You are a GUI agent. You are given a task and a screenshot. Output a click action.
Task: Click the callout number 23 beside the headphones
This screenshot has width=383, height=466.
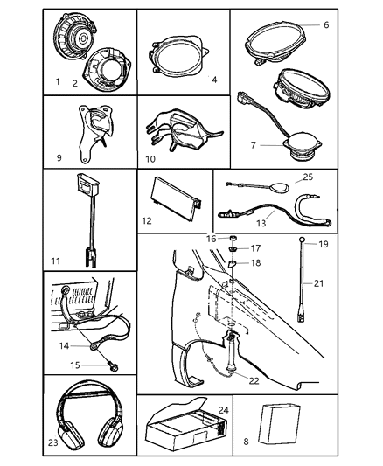pyautogui.click(x=52, y=442)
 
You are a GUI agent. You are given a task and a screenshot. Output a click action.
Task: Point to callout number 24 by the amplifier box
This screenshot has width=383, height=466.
pyautogui.click(x=223, y=409)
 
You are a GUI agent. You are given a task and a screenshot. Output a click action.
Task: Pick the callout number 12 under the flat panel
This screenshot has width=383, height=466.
pyautogui.click(x=147, y=221)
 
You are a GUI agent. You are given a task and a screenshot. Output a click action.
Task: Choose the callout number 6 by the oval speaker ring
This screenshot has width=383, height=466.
pyautogui.click(x=326, y=25)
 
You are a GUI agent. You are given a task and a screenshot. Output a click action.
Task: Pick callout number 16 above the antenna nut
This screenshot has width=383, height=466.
pyautogui.click(x=211, y=238)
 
